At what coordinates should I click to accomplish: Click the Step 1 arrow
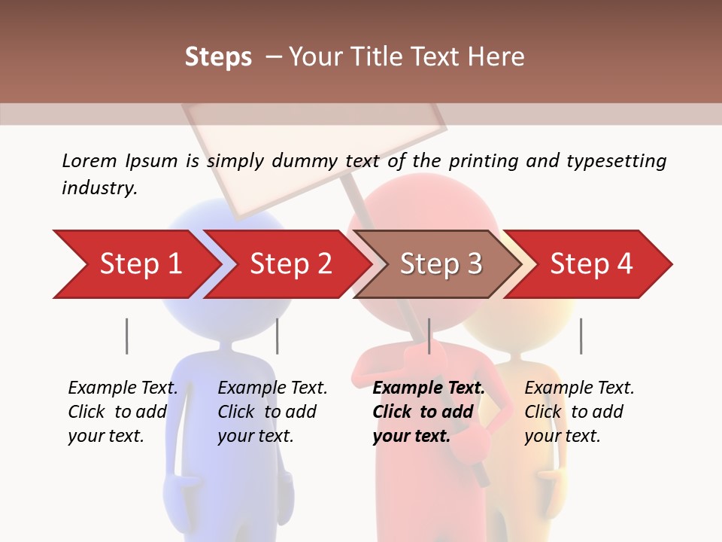[139, 264]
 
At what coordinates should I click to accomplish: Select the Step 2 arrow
[290, 264]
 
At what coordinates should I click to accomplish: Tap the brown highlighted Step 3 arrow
[441, 264]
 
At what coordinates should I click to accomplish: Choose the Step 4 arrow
[591, 264]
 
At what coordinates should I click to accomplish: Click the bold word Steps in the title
[218, 56]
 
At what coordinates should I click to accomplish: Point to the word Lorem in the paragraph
[89, 160]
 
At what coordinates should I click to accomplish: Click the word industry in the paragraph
[99, 188]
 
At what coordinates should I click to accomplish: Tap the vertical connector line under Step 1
[126, 336]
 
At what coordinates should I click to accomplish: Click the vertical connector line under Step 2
[278, 336]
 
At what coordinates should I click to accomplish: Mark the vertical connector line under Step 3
[429, 336]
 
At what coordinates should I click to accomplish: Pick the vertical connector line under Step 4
[581, 336]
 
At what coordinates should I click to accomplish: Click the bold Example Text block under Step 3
[428, 412]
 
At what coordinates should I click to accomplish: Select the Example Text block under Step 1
[123, 412]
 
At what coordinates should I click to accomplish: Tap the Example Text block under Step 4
[579, 412]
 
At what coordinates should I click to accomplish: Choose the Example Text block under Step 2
[272, 412]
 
